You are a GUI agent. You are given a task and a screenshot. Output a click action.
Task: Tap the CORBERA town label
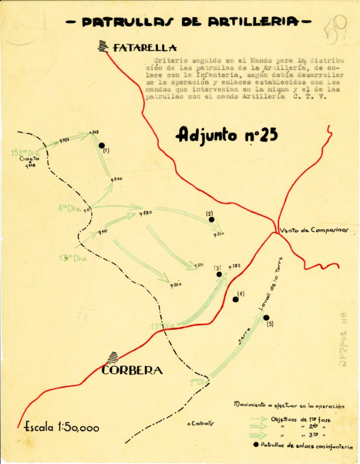tap(132, 370)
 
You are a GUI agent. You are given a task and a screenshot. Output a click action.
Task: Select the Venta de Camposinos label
tap(314, 230)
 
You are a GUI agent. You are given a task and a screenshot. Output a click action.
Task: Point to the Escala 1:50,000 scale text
tap(61, 428)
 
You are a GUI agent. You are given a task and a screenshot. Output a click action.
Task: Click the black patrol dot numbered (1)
tap(102, 146)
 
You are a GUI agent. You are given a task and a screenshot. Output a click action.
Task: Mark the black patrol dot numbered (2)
tap(211, 220)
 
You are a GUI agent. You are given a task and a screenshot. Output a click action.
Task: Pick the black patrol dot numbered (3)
tap(219, 274)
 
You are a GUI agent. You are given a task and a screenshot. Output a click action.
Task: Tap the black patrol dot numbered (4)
tap(235, 299)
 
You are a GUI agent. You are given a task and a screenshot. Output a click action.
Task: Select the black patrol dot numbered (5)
tap(266, 317)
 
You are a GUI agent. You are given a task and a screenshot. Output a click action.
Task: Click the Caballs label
tap(201, 423)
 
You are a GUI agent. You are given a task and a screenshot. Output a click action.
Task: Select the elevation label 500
tap(117, 180)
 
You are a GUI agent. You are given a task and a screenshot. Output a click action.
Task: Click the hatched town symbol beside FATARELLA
tap(104, 46)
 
